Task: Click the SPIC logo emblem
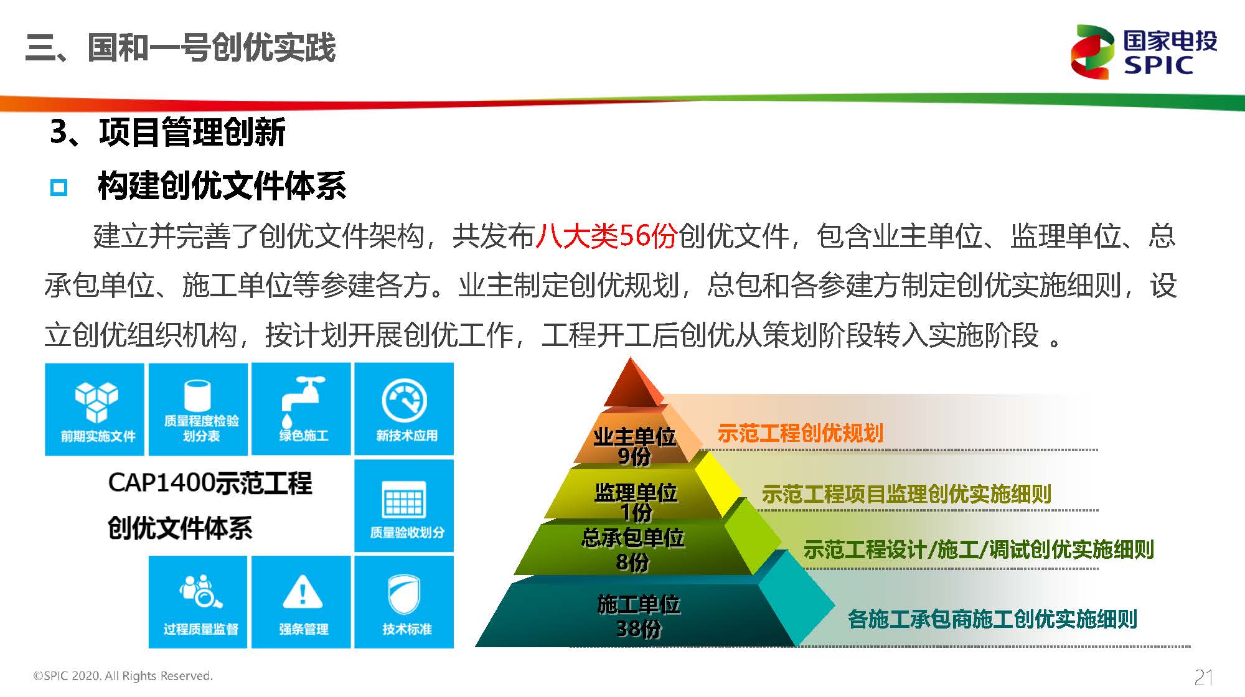tap(1092, 52)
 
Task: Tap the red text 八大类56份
tap(606, 236)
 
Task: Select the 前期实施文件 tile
tap(95, 409)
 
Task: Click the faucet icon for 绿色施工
tap(302, 394)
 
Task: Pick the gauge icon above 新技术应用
tap(404, 401)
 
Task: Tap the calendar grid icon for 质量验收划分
tap(404, 500)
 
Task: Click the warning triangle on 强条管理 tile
tap(303, 592)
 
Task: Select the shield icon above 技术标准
tap(404, 593)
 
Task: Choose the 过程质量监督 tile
tap(198, 602)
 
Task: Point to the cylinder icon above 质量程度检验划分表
tap(198, 395)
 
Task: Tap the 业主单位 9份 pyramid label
tap(634, 446)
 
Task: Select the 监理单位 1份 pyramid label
tap(636, 502)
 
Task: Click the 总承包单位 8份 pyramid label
tap(632, 550)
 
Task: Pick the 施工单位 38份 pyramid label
tap(639, 616)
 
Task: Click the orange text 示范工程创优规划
tap(801, 433)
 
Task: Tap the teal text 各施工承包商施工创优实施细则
tap(992, 619)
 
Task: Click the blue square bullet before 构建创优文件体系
tap(59, 187)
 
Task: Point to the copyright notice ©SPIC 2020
tap(123, 676)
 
